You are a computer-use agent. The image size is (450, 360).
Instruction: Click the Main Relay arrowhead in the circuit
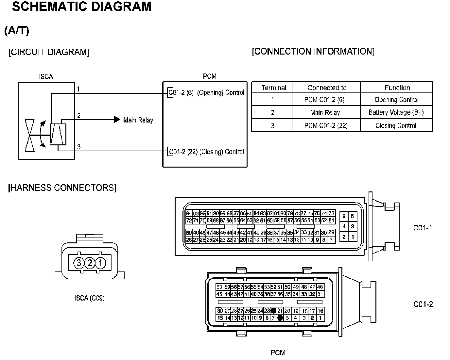[x=117, y=120]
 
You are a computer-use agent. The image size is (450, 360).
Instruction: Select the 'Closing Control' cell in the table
[x=396, y=125]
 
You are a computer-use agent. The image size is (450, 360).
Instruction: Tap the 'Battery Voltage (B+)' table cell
[x=396, y=112]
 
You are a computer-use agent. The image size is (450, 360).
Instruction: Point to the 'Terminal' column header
[x=274, y=88]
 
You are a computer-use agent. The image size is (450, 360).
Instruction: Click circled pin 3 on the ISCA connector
[x=79, y=263]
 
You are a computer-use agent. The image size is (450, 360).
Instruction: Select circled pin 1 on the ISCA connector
[x=101, y=263]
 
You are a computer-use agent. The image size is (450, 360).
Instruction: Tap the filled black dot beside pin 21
[x=273, y=311]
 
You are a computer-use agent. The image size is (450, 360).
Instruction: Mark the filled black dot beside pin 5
[x=280, y=318]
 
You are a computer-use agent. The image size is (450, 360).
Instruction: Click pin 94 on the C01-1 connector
[x=189, y=213]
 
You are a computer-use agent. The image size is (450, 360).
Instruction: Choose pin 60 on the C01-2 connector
[x=219, y=287]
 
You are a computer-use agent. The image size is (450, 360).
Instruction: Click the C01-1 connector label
[x=423, y=228]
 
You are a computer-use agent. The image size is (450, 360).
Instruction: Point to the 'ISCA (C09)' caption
[x=90, y=298]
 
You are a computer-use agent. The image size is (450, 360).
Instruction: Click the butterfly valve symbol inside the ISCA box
[x=30, y=136]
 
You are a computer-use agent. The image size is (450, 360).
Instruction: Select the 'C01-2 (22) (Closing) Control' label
[x=206, y=152]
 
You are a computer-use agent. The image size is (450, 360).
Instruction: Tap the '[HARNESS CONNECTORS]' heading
[x=62, y=188]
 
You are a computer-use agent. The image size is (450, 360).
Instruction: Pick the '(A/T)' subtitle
[x=17, y=31]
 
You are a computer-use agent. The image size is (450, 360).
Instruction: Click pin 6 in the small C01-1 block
[x=344, y=216]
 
